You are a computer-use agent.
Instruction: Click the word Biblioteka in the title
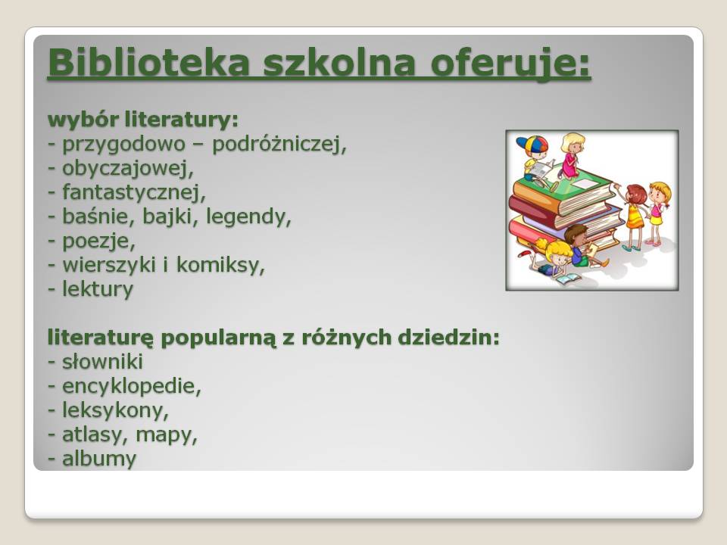149,62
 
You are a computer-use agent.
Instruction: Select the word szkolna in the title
339,62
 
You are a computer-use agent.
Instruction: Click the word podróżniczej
279,145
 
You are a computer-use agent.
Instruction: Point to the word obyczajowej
128,169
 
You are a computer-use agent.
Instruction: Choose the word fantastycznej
134,192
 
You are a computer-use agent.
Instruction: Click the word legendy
248,217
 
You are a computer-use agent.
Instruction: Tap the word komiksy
220,265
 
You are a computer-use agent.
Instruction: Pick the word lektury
98,289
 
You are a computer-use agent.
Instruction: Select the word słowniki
102,362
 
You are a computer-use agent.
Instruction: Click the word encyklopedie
132,386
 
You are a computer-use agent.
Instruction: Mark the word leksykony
115,410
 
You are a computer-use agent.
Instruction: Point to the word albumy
99,459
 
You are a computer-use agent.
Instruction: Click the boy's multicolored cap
532,144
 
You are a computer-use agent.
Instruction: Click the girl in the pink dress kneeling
571,155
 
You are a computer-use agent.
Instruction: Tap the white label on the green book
585,184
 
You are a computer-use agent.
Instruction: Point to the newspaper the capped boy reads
541,169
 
